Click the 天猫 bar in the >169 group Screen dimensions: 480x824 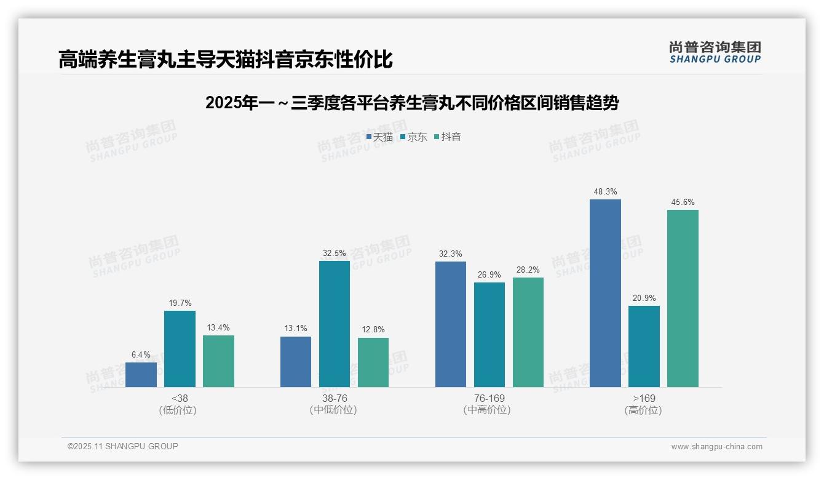pos(605,293)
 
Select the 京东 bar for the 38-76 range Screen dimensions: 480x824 pos(334,324)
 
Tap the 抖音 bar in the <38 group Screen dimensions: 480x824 pos(218,361)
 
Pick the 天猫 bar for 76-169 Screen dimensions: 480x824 pos(450,324)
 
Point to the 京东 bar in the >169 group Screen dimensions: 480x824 pos(644,346)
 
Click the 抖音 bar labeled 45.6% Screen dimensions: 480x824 pos(683,298)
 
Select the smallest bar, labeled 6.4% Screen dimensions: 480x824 pos(141,375)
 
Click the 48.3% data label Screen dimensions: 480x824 pos(605,191)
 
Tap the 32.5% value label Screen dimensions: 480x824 pos(334,253)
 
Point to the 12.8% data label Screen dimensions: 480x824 pos(373,330)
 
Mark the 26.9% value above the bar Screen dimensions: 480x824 pos(489,274)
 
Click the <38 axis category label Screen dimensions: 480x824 pos(179,398)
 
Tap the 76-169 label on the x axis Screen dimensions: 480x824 pos(489,398)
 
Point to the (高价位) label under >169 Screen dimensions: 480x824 pos(643,410)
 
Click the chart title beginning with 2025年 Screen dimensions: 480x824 pos(411,103)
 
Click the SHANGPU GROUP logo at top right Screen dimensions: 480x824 pos(715,52)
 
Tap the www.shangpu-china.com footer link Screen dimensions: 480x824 pos(716,447)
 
